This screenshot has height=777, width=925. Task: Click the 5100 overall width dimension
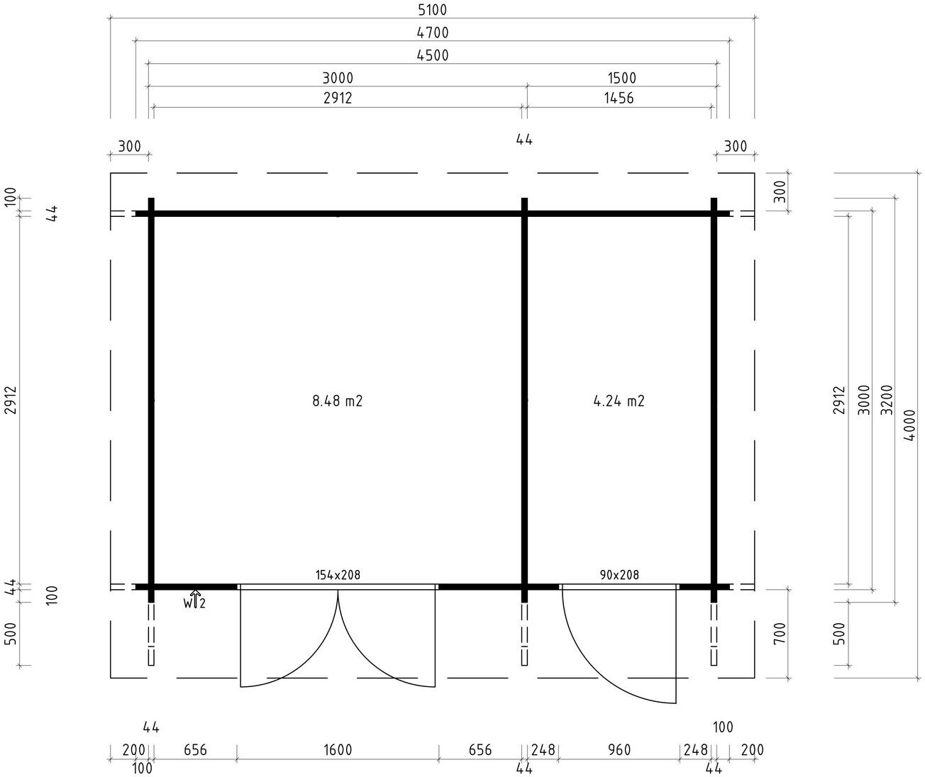[433, 10]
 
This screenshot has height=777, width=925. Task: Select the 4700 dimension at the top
[433, 33]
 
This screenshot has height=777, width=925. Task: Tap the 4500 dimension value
[433, 55]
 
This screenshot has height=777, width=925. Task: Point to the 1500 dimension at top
[621, 78]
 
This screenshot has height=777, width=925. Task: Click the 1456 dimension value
[619, 98]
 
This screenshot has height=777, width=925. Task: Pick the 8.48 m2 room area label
[338, 401]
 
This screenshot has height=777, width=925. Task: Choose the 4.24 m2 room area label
[619, 401]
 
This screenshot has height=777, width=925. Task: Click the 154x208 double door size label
[338, 575]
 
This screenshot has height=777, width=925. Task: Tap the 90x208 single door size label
[619, 575]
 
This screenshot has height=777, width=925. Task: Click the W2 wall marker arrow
[195, 598]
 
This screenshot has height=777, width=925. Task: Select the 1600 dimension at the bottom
[338, 749]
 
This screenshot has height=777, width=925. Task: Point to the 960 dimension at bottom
[619, 749]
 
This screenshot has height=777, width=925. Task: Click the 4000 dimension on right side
[909, 425]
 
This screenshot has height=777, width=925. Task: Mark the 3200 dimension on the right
[887, 400]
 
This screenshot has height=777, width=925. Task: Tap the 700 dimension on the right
[780, 633]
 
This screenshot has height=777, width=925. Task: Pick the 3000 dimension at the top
[338, 78]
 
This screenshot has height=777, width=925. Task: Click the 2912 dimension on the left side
[11, 401]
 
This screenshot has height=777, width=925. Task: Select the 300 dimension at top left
[129, 145]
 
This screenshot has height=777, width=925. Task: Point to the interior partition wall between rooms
[524, 401]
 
